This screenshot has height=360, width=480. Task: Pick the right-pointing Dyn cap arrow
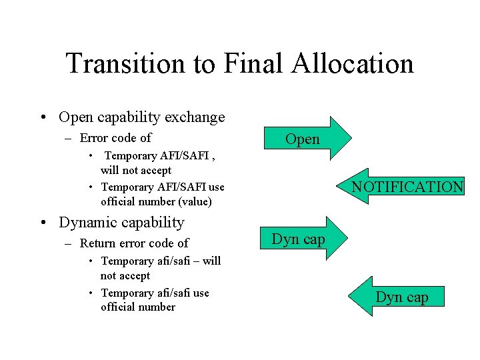300,239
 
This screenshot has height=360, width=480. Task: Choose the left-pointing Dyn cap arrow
400,297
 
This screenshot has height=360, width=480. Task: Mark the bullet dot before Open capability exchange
43,118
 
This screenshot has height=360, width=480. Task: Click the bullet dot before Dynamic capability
43,223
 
